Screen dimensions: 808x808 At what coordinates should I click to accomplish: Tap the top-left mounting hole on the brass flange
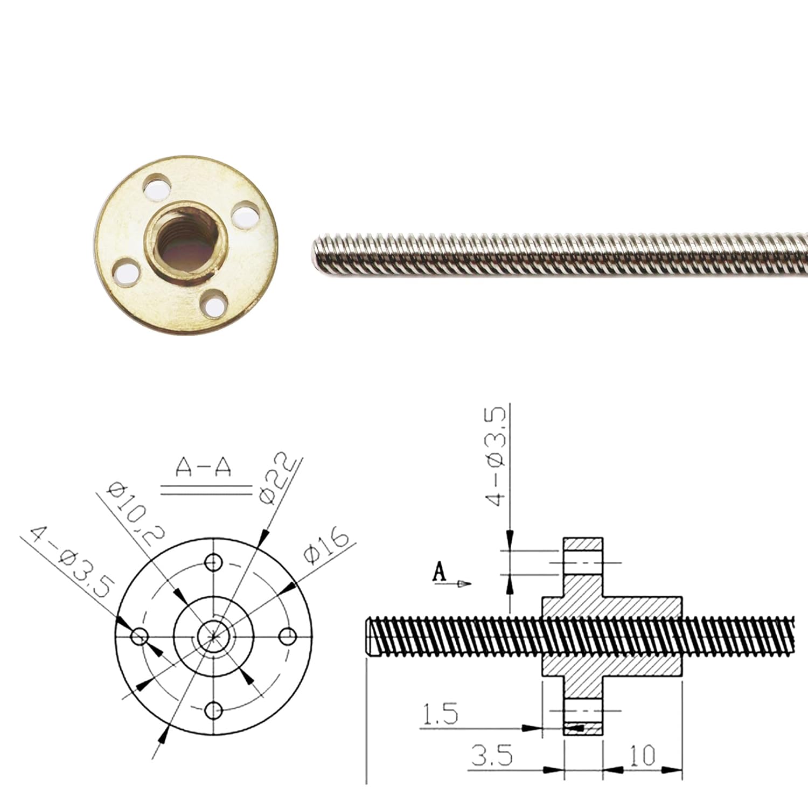(155, 186)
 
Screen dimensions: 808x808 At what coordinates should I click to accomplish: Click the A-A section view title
(204, 468)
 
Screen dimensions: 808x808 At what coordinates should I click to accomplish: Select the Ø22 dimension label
(277, 479)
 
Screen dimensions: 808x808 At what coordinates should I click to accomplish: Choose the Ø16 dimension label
(326, 545)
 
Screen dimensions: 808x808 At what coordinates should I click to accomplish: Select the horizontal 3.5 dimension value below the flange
(492, 755)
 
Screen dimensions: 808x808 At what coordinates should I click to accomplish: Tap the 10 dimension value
(642, 755)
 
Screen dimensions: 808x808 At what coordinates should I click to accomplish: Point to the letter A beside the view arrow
(440, 572)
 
